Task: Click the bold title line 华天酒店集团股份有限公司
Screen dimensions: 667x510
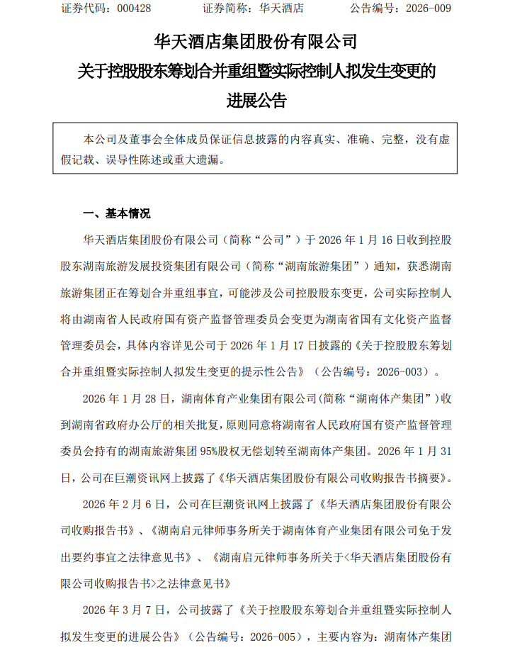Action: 255,40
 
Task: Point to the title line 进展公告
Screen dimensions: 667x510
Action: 255,101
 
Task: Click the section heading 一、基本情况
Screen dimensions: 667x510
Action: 117,213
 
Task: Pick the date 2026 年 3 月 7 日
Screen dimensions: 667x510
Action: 122,608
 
